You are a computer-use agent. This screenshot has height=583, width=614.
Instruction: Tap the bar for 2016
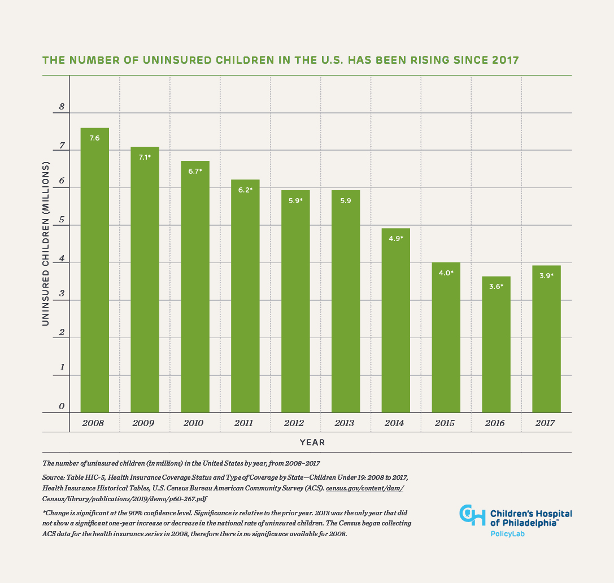[496, 344]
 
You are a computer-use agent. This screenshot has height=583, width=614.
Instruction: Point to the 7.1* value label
[145, 157]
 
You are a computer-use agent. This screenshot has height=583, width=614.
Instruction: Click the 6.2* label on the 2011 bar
[245, 190]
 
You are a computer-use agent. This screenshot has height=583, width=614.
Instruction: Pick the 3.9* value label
[546, 276]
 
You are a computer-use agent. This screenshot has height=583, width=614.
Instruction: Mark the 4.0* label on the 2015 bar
[446, 273]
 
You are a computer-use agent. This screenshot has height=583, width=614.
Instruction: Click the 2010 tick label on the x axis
[195, 423]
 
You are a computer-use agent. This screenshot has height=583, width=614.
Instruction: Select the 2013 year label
[345, 423]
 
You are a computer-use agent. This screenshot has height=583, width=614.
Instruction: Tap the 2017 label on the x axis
[546, 423]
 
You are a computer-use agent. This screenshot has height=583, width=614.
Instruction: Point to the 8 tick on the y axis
[62, 107]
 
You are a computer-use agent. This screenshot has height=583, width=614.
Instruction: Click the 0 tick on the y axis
[62, 407]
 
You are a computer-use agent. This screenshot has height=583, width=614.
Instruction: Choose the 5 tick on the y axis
[62, 220]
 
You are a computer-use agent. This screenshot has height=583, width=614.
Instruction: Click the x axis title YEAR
[312, 442]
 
